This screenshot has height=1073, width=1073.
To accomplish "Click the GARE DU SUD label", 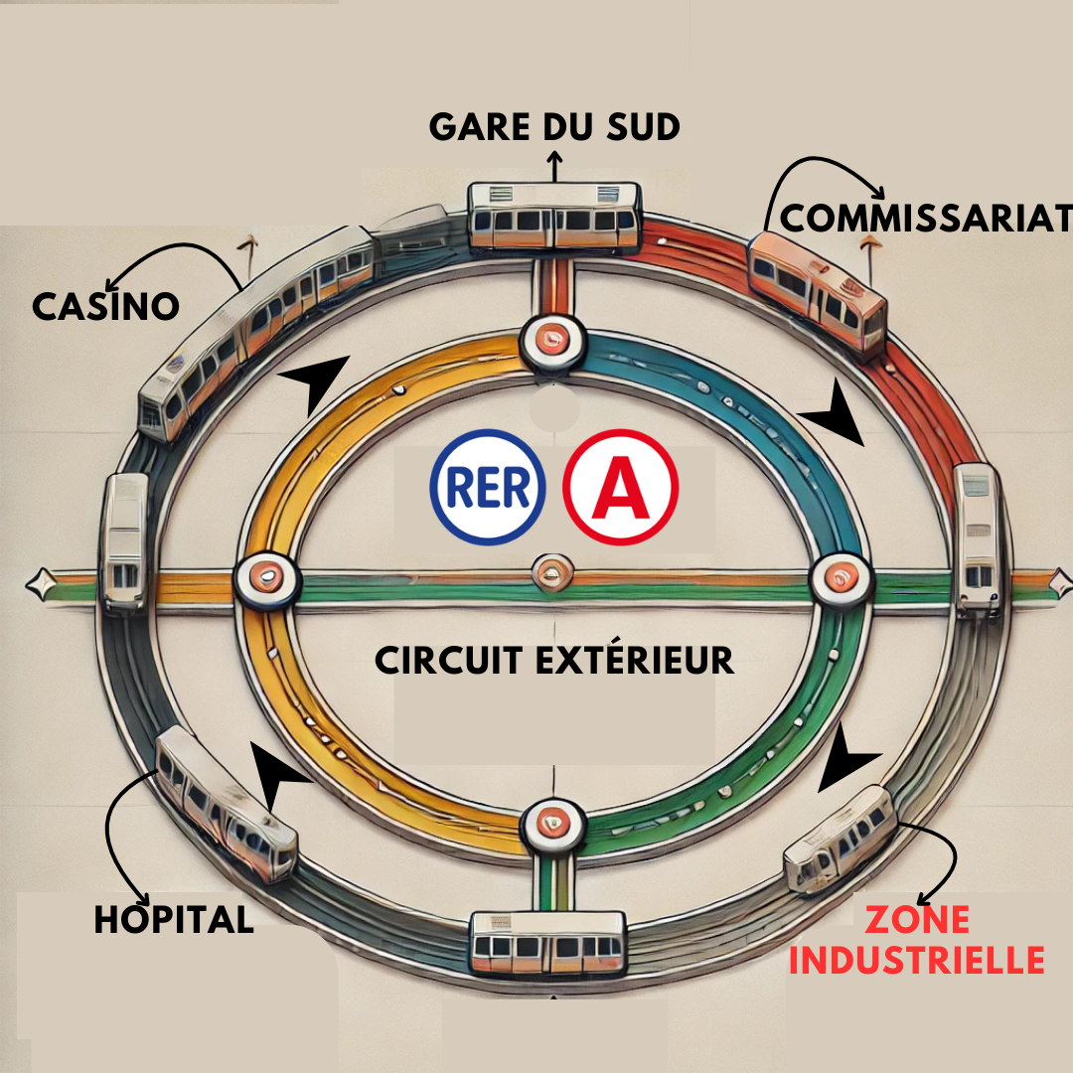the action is point(554,127).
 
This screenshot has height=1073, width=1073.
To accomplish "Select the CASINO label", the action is point(106,306).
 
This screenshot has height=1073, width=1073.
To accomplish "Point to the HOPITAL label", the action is point(174,919).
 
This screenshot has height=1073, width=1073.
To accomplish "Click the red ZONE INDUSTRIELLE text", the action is point(917,940).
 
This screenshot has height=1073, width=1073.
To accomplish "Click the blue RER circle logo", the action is point(488,487).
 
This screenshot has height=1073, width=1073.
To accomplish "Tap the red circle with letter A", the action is point(621,487).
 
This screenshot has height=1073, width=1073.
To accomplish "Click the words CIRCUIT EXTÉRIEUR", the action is point(554,661).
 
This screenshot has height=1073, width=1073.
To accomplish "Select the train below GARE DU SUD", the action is point(555,216).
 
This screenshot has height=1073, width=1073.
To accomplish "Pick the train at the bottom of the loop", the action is point(548,943).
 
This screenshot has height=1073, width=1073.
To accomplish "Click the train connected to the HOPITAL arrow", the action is point(226,804).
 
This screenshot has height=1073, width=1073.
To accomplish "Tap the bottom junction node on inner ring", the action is point(553,826).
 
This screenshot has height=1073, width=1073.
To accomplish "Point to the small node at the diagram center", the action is point(553,573).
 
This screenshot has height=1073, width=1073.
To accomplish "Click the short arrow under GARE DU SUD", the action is point(554,166).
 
